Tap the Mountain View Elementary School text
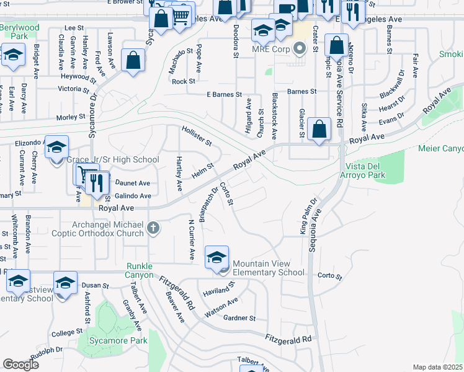point(269,267)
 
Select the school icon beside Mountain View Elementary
point(216,257)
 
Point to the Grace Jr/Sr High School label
point(113,159)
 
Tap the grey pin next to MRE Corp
point(300,48)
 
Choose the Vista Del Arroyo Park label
point(367,171)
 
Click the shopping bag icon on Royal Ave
point(319,130)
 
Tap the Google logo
point(20,365)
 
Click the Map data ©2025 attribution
point(438,367)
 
